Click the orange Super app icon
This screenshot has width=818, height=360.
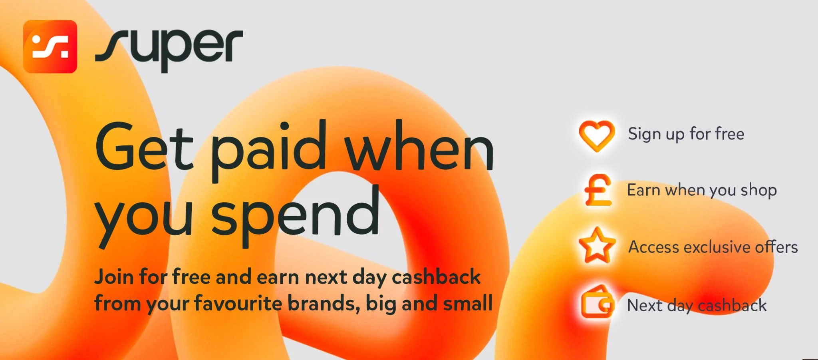point(50,47)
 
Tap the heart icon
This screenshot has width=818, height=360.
point(597,136)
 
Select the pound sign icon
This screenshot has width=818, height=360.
point(598,190)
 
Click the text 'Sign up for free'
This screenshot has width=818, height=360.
point(686,134)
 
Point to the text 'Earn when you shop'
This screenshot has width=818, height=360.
point(702,191)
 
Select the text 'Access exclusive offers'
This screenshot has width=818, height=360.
point(713,247)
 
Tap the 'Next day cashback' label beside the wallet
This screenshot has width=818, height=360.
point(697,306)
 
